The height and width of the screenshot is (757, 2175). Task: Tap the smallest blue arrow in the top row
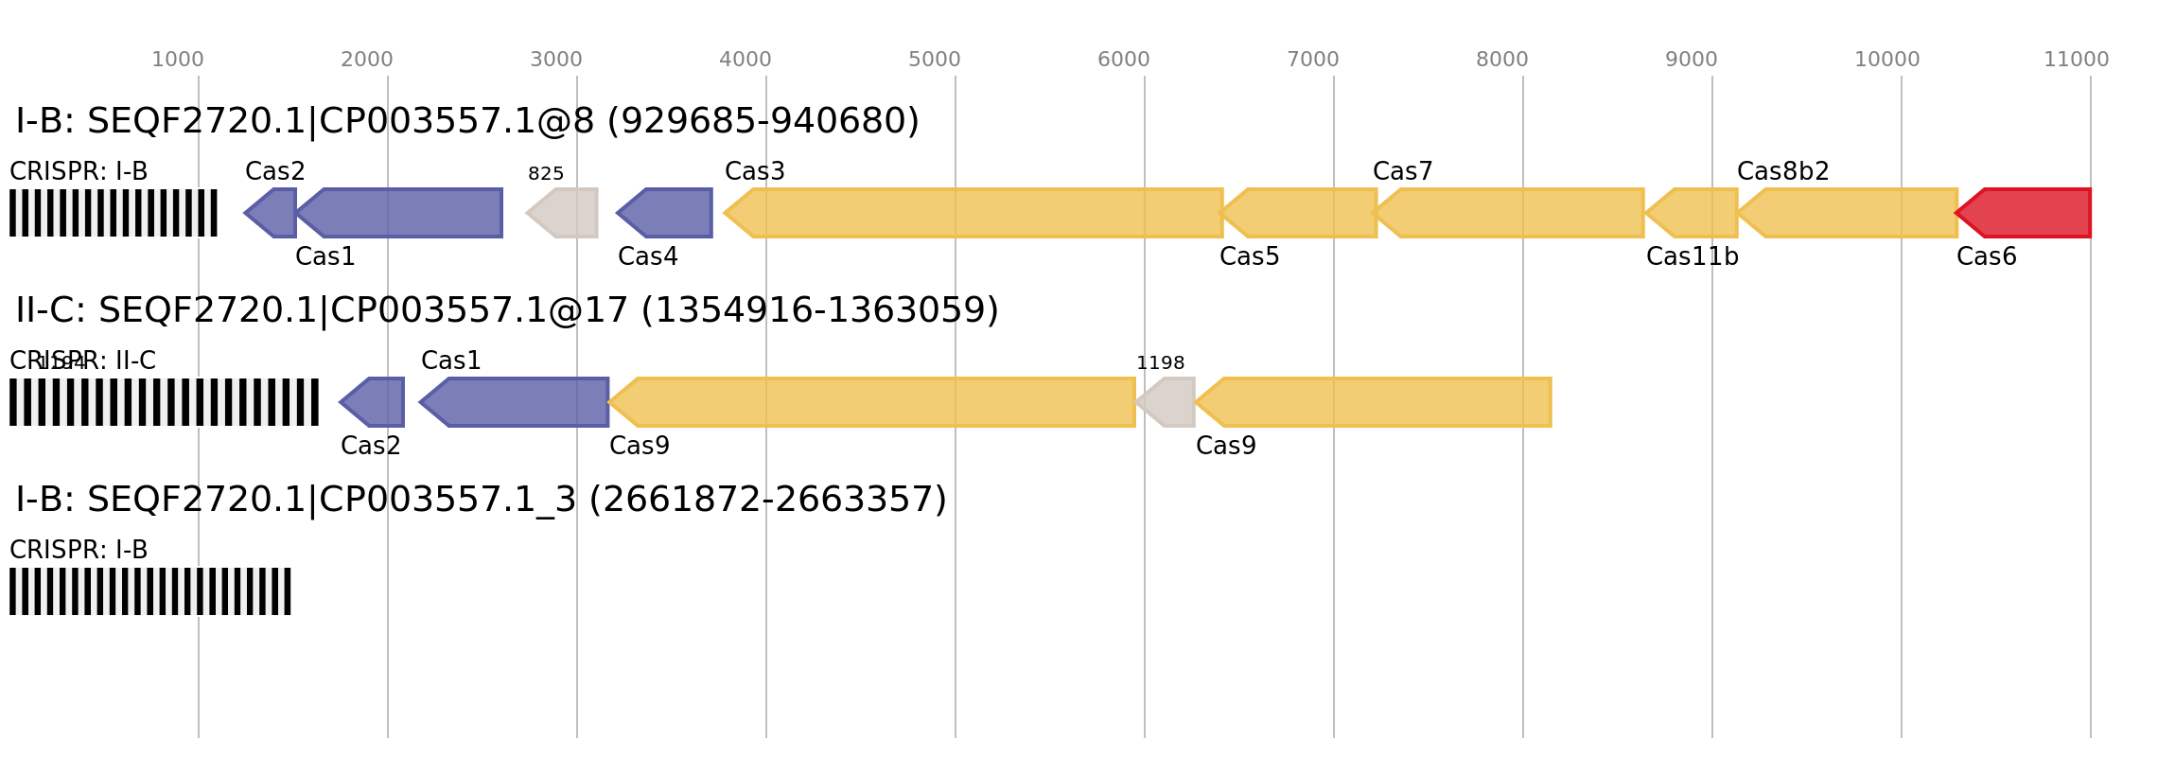tap(272, 213)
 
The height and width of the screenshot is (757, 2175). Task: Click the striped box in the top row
tap(114, 213)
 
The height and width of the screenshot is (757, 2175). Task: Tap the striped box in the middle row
tap(164, 402)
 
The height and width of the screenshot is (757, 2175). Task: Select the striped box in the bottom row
tap(150, 591)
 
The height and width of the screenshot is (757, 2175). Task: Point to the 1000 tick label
tap(178, 60)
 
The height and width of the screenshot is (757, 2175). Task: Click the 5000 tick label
tap(935, 60)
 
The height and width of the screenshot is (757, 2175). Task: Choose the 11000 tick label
tap(2076, 60)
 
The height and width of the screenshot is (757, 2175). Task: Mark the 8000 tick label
tap(1502, 60)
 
